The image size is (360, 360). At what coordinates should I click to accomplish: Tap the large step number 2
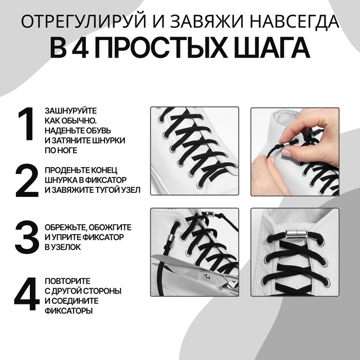pyautogui.click(x=26, y=181)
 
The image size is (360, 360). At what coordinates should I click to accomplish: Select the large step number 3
pyautogui.click(x=26, y=237)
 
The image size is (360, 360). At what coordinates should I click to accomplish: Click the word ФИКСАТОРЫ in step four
pyautogui.click(x=66, y=311)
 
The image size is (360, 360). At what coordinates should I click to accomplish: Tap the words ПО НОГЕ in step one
pyautogui.click(x=61, y=150)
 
